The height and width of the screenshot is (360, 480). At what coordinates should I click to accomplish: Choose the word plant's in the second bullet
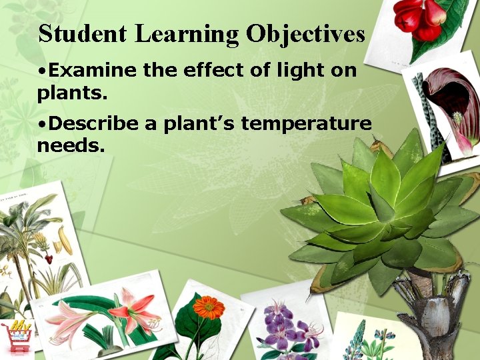point(193,123)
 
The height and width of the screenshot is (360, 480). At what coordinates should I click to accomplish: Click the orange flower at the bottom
point(208,307)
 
